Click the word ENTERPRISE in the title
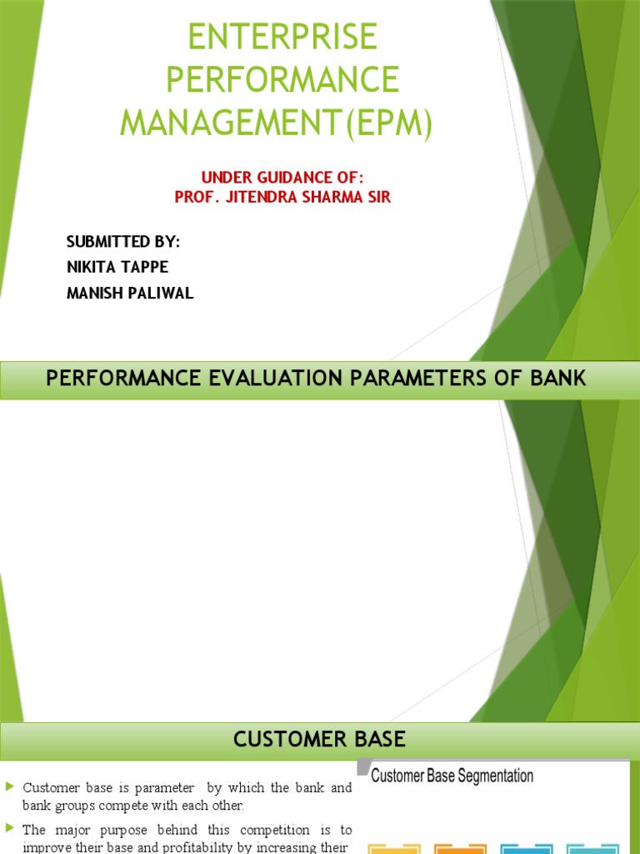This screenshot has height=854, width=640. (x=282, y=37)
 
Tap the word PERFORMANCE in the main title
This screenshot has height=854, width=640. (x=282, y=80)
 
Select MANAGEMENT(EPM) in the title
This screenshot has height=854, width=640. (x=277, y=123)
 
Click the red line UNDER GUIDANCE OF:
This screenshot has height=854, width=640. (x=282, y=178)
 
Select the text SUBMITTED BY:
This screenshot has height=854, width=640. (x=123, y=242)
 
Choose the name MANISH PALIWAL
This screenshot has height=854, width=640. (x=130, y=294)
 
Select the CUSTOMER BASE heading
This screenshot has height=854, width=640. (x=319, y=739)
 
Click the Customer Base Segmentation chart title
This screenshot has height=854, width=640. (x=452, y=776)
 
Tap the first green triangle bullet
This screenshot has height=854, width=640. (x=9, y=786)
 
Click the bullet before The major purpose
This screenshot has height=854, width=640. (x=9, y=828)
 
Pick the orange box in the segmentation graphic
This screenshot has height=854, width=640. (x=460, y=849)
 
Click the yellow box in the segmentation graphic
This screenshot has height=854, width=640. (x=395, y=849)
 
